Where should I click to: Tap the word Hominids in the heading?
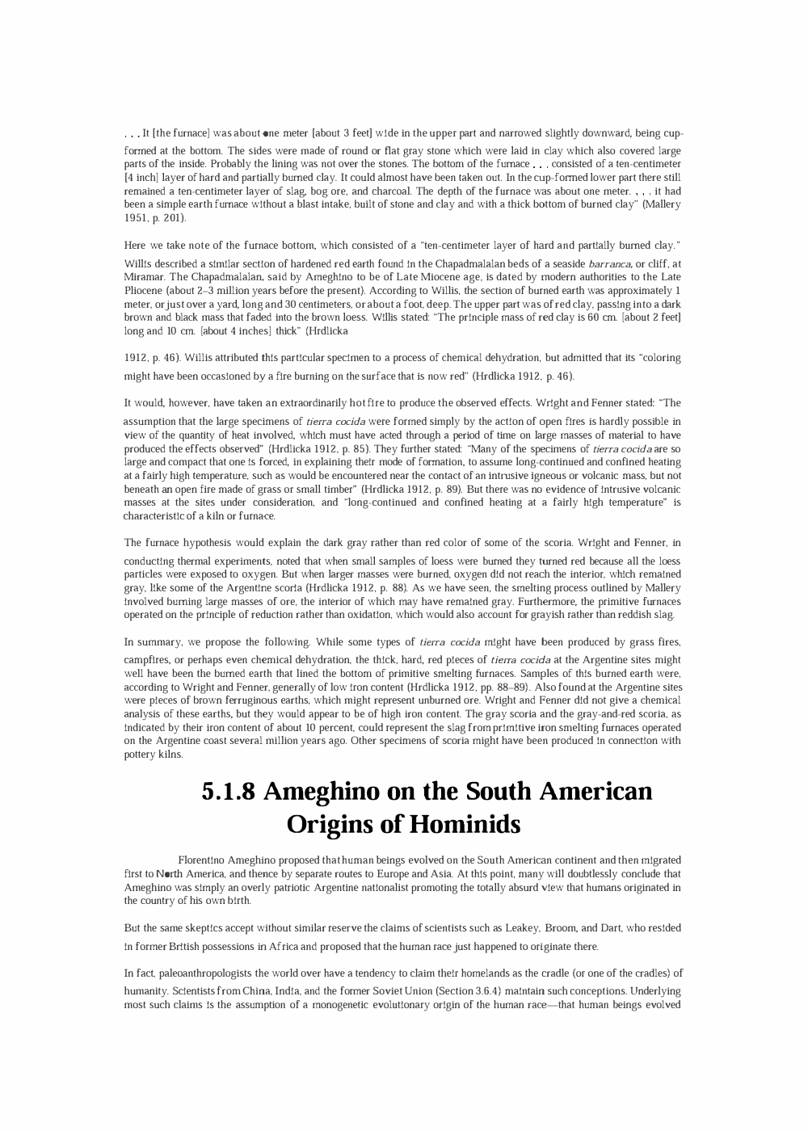click(x=465, y=824)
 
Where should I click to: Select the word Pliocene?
click(x=143, y=289)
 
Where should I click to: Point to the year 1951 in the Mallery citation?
click(x=135, y=218)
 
